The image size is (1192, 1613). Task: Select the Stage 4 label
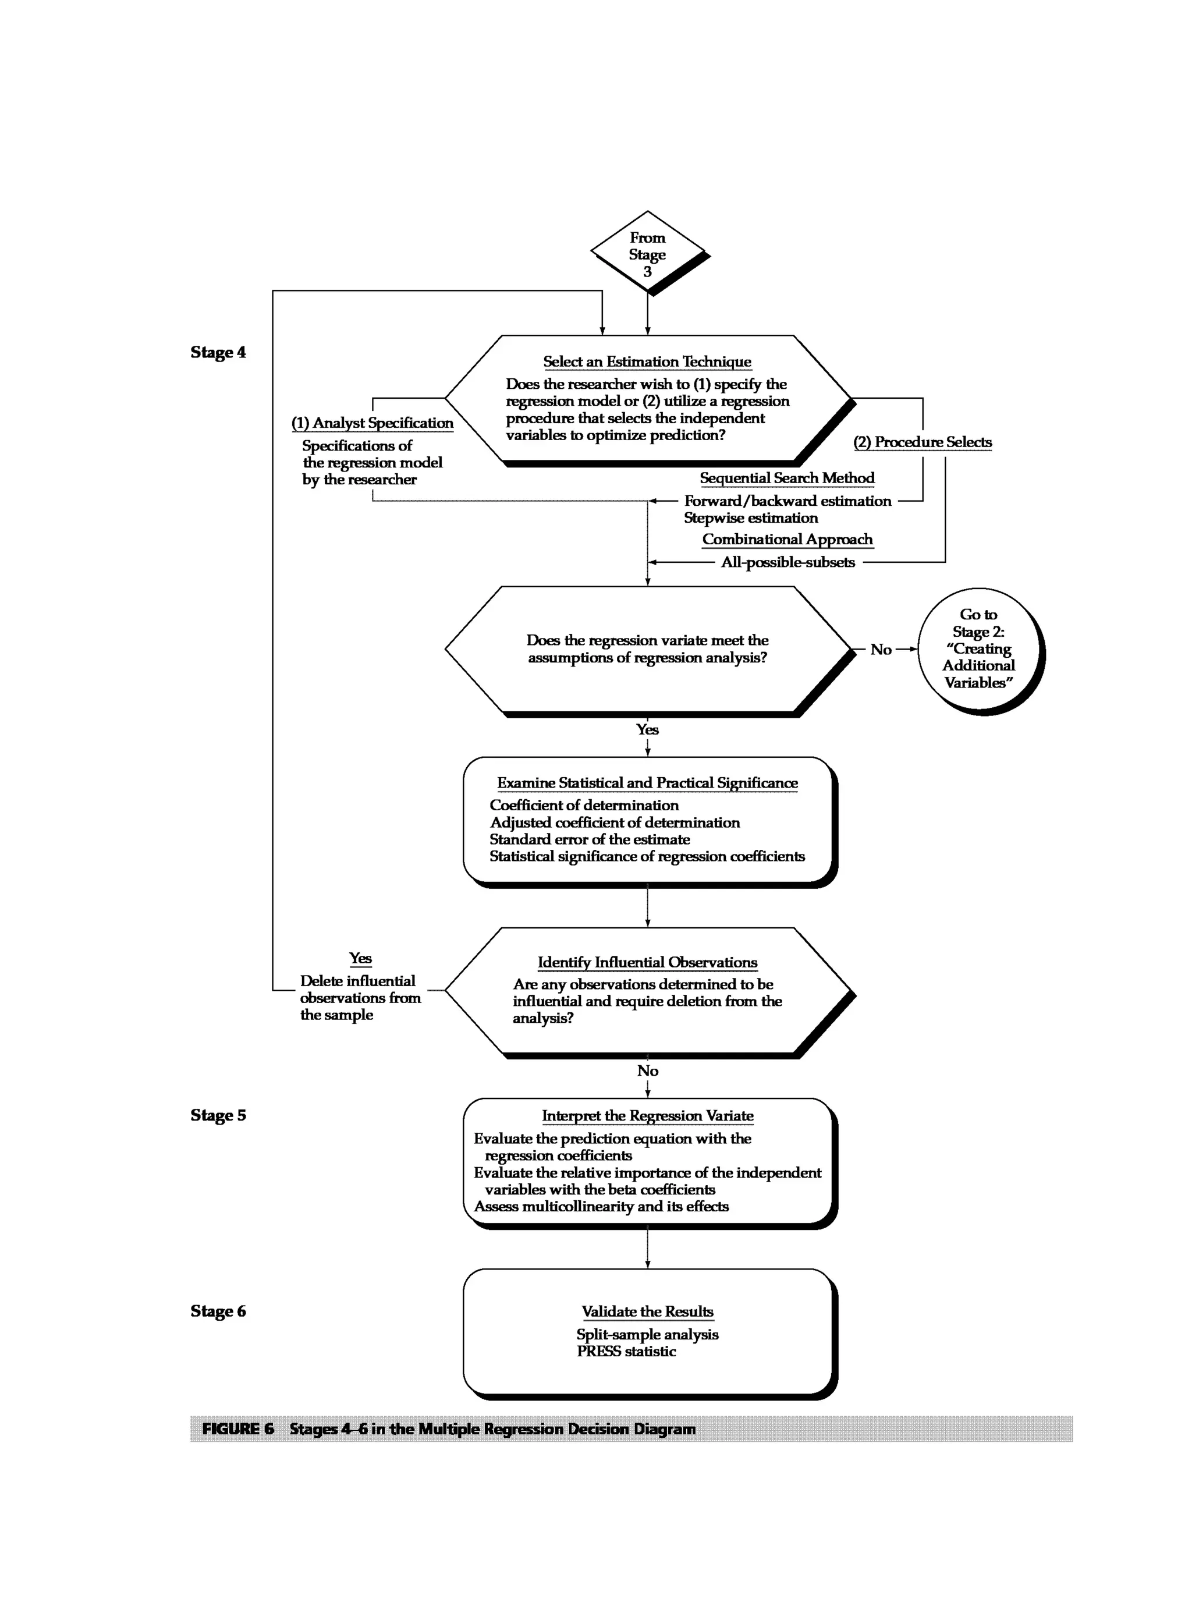click(x=218, y=352)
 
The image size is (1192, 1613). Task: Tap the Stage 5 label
click(x=218, y=1115)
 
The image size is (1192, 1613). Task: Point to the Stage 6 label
click(x=218, y=1311)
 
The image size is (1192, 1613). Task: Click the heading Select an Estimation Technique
click(x=647, y=361)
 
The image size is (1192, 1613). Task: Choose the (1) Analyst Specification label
click(x=372, y=423)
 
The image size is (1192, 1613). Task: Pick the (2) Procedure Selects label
click(x=922, y=442)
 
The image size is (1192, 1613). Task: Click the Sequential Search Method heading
click(x=786, y=478)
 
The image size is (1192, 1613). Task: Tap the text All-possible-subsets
click(x=787, y=562)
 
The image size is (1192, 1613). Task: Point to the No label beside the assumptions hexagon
click(x=880, y=650)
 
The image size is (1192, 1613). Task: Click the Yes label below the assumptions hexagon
click(x=647, y=729)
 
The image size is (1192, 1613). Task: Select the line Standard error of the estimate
click(x=590, y=839)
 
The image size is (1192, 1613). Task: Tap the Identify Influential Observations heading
click(x=647, y=962)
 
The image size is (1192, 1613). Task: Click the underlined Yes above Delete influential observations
click(x=360, y=958)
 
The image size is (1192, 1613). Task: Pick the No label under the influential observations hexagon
click(x=647, y=1071)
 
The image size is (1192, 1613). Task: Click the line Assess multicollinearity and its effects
click(x=601, y=1206)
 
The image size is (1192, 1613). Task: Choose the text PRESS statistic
click(x=626, y=1351)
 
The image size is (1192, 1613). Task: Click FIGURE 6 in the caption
click(x=238, y=1429)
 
